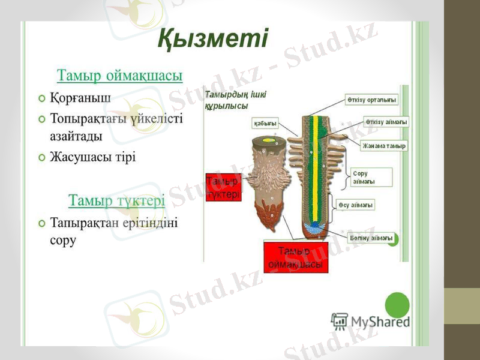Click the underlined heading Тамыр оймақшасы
point(119,76)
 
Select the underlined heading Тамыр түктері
point(116,200)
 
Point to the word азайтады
point(76,136)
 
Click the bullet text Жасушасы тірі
point(93,157)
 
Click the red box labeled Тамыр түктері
point(223,188)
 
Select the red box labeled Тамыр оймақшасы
point(296,257)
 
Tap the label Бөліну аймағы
point(371,238)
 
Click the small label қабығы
point(265,123)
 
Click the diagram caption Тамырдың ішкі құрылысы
point(235,100)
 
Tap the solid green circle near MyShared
point(397,305)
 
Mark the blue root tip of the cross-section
point(314,227)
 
